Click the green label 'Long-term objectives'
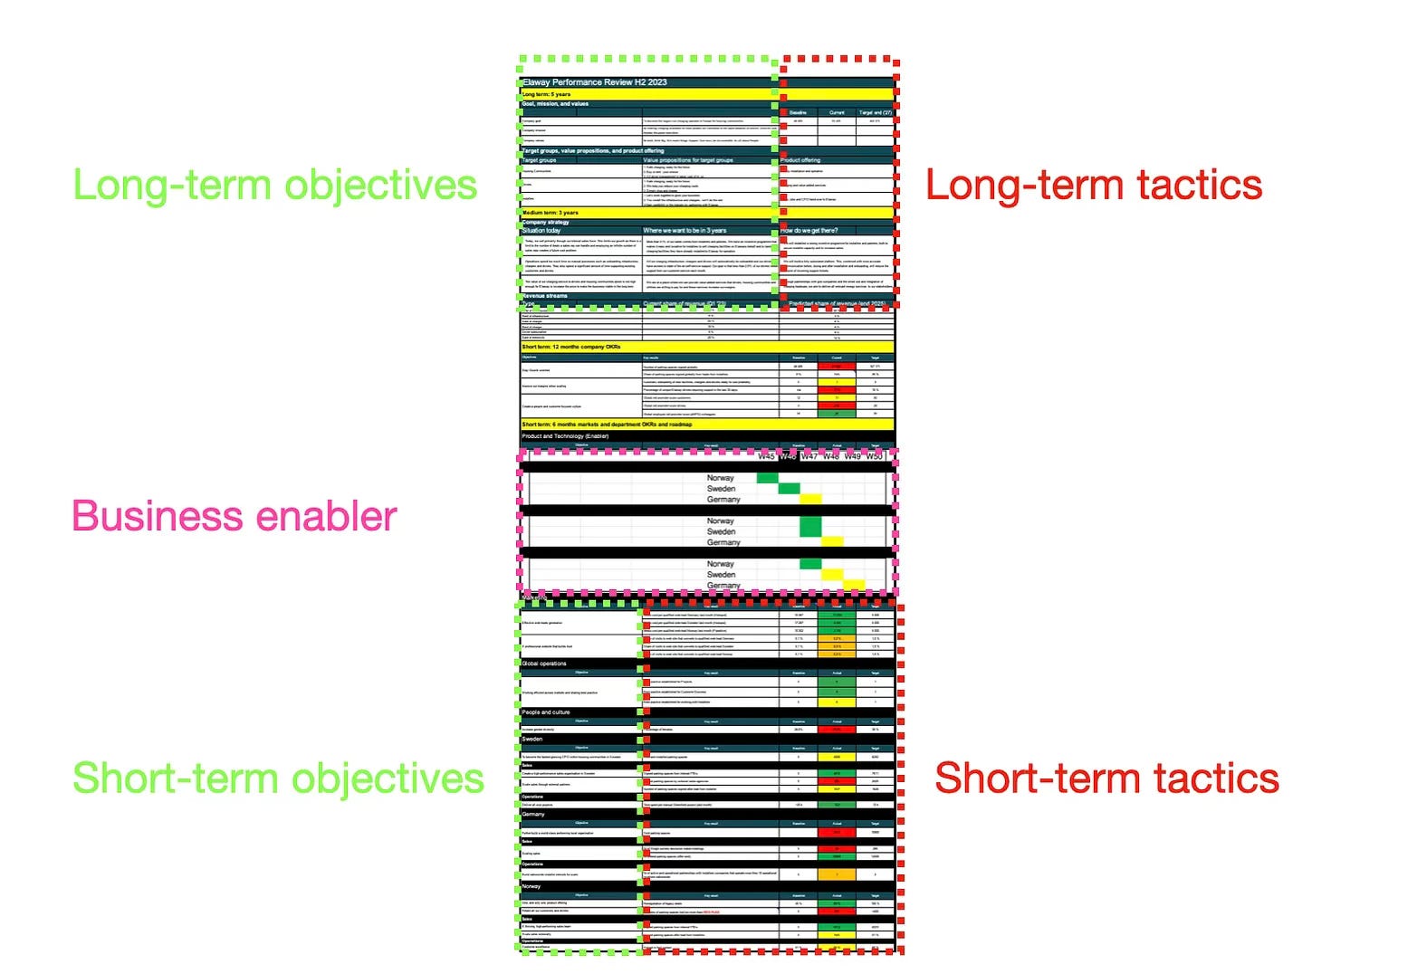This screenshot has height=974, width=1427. coord(274,186)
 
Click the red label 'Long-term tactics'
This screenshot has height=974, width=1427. coord(1093,186)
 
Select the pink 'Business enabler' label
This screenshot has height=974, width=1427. coord(234,517)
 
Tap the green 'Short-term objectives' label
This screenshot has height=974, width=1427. coord(278,778)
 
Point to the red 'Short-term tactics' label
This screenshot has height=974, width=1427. coord(1106,778)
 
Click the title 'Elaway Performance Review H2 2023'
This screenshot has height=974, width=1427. coord(594,82)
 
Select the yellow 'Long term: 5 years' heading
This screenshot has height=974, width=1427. coord(547,94)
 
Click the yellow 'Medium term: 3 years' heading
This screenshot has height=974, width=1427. coord(551,213)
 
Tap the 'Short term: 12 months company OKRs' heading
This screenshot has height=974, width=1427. coord(570,347)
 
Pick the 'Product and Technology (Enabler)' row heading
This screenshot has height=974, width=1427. coord(565,436)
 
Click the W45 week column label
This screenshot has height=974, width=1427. coord(767,456)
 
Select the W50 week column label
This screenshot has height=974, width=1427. coord(874,456)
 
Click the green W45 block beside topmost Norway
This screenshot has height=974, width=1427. coord(767,478)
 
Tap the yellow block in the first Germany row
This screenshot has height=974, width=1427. coord(810,500)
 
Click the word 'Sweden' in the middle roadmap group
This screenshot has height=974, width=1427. coord(721,532)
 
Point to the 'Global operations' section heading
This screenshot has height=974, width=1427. coord(544,664)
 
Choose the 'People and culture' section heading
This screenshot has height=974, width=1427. coord(546,712)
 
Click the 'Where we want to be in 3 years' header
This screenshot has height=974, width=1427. coord(685,231)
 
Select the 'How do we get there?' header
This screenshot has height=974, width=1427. coord(809,231)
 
